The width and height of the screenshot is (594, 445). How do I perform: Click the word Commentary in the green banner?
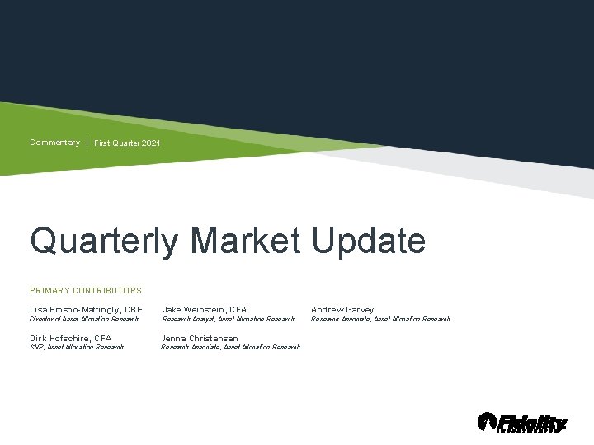[x=54, y=143]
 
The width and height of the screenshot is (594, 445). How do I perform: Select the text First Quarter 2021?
[x=127, y=143]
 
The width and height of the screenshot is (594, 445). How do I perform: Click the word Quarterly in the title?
[x=103, y=241]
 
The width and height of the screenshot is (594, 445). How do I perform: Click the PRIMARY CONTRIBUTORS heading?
[x=86, y=290]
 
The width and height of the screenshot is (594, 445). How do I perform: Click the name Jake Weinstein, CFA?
[x=205, y=310]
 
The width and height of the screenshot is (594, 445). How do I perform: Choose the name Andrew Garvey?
[x=342, y=310]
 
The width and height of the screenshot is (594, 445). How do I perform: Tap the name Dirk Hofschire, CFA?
[x=70, y=339]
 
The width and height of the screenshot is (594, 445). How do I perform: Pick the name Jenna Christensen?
[x=200, y=339]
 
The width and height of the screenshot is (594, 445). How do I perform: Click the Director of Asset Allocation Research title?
[x=84, y=319]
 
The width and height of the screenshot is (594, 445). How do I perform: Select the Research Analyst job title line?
[x=228, y=319]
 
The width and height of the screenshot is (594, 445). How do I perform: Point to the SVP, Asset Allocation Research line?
[x=77, y=348]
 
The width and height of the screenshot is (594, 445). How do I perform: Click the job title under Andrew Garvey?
[x=380, y=319]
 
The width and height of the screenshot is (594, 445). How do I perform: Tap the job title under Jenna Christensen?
[x=231, y=348]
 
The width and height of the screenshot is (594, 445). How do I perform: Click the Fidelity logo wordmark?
[x=532, y=423]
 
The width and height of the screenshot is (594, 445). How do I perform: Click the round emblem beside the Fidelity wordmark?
[x=487, y=422]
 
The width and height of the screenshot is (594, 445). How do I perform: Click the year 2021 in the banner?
[x=151, y=143]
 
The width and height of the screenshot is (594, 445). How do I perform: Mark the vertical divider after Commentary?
[x=87, y=143]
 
